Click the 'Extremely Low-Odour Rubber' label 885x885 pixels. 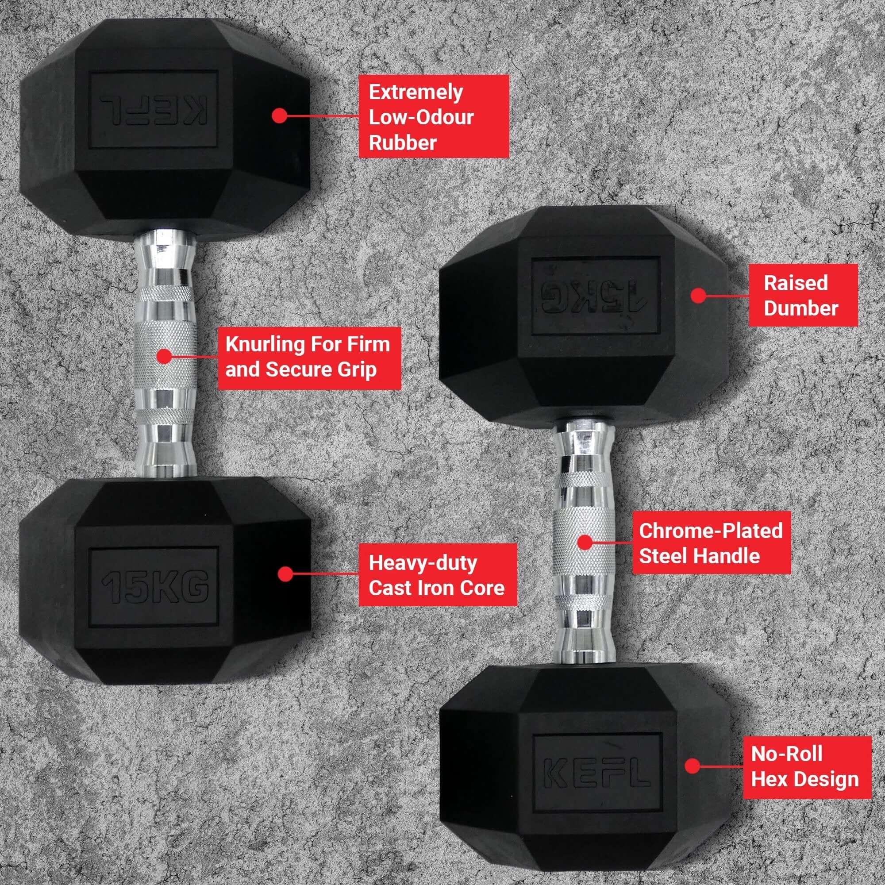[x=433, y=116]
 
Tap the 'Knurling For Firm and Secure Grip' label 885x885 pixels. [x=309, y=358]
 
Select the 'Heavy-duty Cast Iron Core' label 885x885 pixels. [x=437, y=574]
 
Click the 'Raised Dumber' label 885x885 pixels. [x=803, y=295]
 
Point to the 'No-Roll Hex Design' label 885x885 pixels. [x=806, y=767]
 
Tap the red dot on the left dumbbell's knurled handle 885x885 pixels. [x=164, y=356]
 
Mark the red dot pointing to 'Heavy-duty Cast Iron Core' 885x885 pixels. [x=285, y=573]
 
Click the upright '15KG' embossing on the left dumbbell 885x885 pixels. [x=155, y=587]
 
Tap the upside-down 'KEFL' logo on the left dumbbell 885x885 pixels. [x=154, y=109]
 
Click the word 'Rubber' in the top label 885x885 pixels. [x=402, y=143]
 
